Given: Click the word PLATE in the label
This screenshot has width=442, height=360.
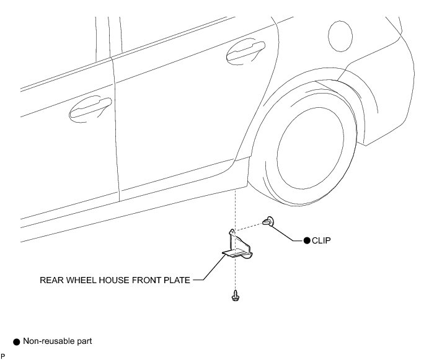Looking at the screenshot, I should (x=179, y=279).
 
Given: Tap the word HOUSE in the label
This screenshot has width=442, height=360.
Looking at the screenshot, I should (x=117, y=279).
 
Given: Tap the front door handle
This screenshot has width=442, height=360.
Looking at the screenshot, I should (x=90, y=108).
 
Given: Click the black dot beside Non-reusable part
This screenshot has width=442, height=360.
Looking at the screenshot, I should (x=17, y=341).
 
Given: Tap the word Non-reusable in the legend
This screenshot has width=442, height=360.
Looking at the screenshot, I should (x=49, y=341).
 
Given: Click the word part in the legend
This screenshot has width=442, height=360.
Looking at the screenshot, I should (x=85, y=341).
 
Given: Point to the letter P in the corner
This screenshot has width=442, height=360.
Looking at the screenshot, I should (x=3, y=355).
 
